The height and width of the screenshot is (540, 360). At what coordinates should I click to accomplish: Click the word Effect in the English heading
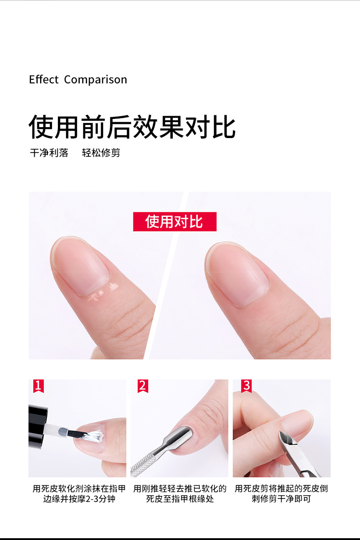coord(44,80)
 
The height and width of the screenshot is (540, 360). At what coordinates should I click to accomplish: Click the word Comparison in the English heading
coord(95,80)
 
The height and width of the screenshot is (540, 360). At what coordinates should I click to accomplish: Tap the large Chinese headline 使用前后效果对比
coord(132,127)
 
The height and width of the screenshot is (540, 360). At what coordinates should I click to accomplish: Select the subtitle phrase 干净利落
coord(49,153)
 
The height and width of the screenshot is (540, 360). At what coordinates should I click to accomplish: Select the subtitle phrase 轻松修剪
coord(101,153)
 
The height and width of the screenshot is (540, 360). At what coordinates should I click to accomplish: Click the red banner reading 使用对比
coord(175,221)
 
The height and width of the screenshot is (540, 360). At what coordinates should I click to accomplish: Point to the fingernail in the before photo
coord(80,266)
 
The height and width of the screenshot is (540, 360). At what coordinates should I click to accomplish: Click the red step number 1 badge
coord(38,386)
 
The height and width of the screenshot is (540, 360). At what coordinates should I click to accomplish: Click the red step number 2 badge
coord(143,386)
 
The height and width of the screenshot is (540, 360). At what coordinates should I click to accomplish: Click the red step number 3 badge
coord(247,386)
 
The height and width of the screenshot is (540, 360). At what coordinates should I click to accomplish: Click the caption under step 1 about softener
coord(79,494)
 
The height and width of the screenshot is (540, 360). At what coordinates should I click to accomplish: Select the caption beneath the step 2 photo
coord(180,494)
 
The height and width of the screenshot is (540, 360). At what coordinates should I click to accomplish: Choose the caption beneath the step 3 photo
coord(281,494)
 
